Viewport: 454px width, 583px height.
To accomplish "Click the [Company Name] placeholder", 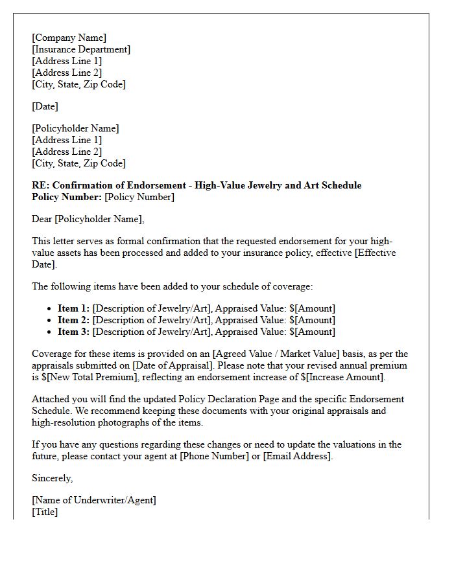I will (x=69, y=38).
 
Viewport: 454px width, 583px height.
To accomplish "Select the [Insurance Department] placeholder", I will (x=81, y=49).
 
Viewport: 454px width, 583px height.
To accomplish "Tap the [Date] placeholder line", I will (x=45, y=106).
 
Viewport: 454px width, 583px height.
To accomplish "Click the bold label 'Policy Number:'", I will (x=67, y=197).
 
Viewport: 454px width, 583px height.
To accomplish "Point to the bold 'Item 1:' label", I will (x=74, y=308).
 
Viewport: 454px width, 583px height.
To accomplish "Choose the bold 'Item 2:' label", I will (x=74, y=320).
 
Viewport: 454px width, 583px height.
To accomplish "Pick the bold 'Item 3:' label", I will (x=74, y=332).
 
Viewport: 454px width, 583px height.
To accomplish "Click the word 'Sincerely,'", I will (x=53, y=478).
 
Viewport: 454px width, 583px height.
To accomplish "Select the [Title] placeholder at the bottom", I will (x=45, y=512).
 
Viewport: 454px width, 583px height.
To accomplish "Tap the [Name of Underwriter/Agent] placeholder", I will (x=94, y=500).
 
